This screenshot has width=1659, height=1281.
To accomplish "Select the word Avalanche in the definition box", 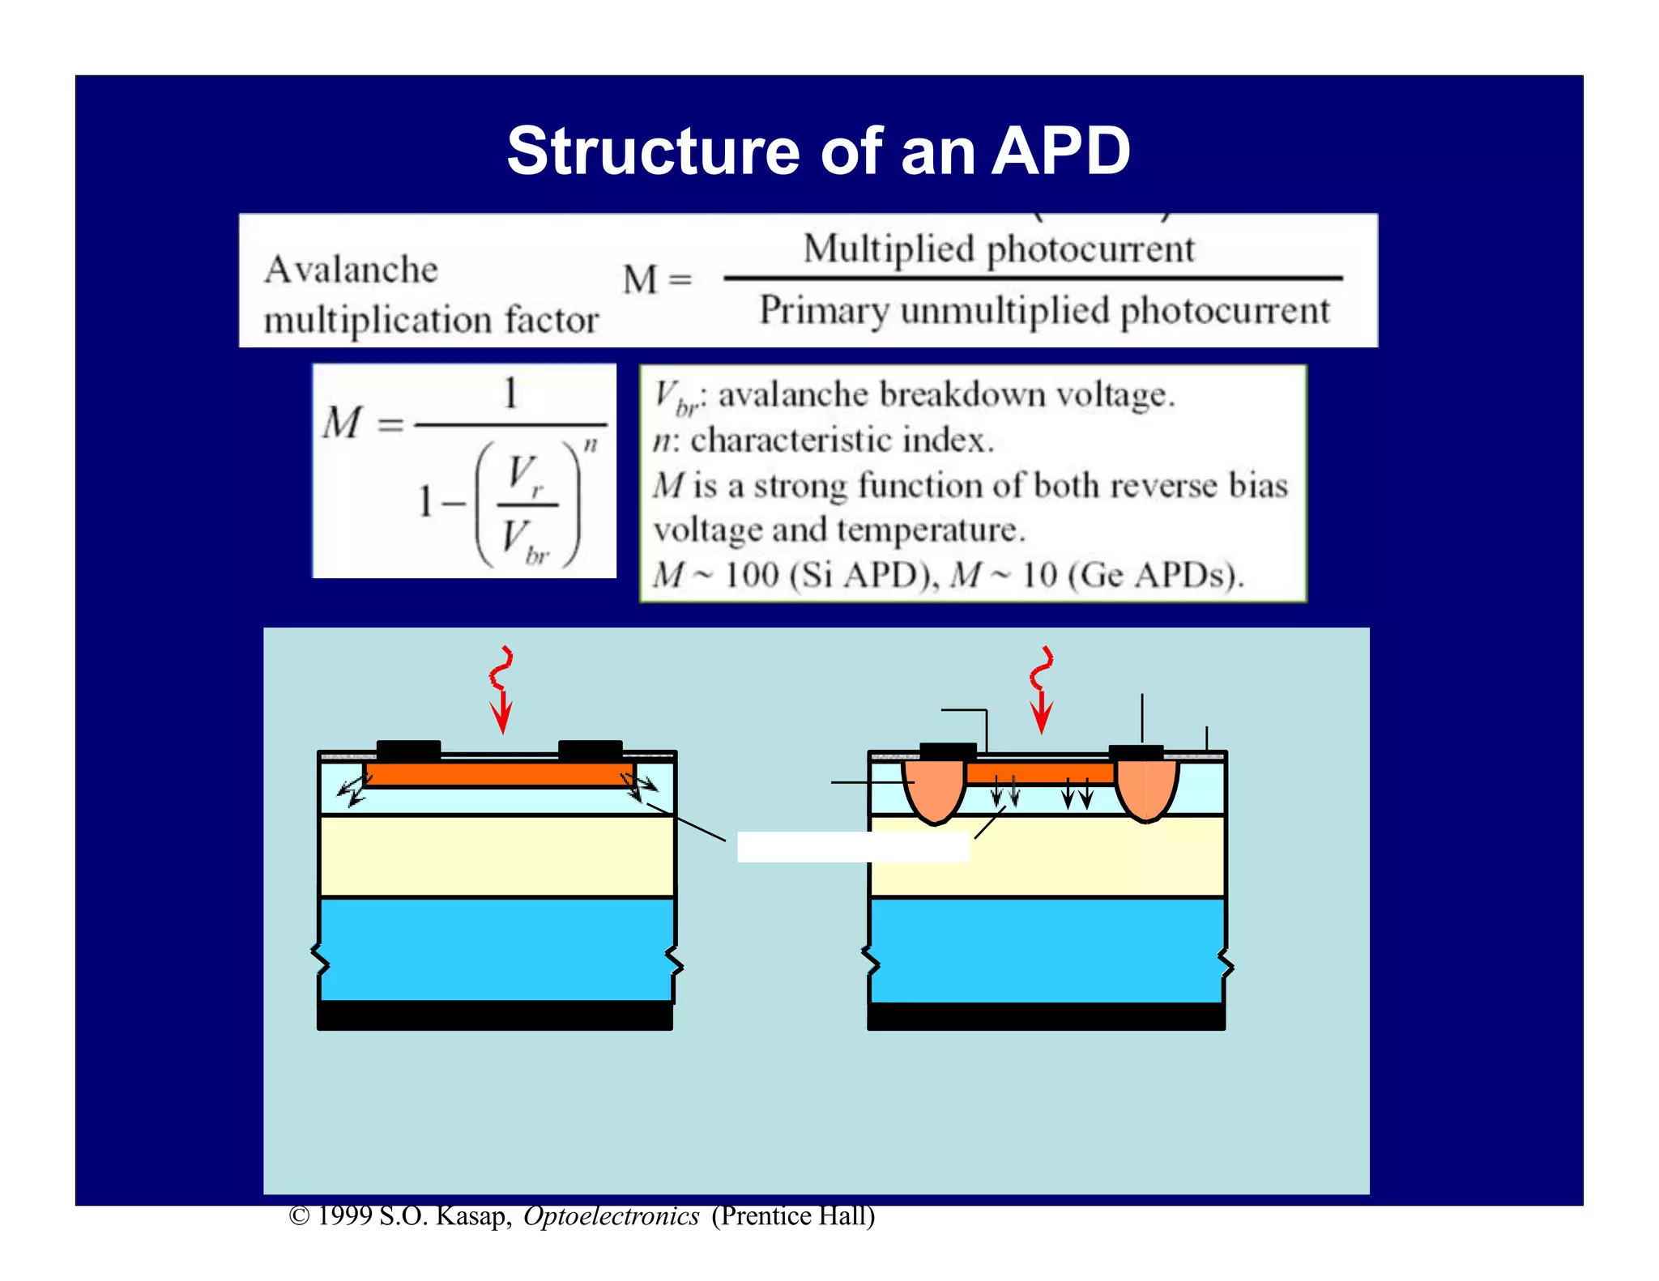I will coord(351,270).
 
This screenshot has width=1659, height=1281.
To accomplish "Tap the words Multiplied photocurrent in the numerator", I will coord(998,249).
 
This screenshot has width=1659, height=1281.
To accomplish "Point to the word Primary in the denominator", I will coord(823,311).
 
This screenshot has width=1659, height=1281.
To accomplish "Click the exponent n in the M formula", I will coord(591,445).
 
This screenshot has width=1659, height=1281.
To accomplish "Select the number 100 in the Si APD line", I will coord(751,575).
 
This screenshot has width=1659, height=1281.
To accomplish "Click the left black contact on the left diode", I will coord(409,750).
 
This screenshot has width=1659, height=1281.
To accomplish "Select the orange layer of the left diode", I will coord(498,773).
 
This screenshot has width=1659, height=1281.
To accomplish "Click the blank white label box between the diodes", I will coord(852,847).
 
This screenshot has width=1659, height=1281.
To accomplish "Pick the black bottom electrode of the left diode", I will coord(495,1015).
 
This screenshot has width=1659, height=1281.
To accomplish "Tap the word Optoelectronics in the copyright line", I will coord(611,1216).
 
